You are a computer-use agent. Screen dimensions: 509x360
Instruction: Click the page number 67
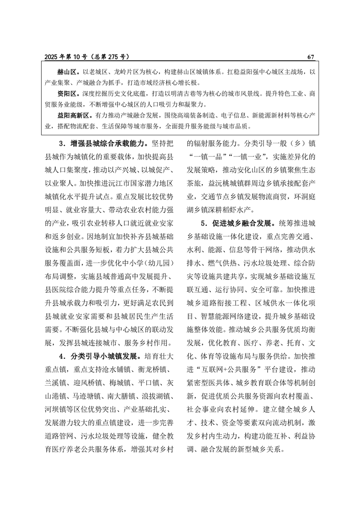[311, 57]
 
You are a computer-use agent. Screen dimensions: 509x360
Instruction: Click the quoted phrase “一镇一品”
[205, 158]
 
